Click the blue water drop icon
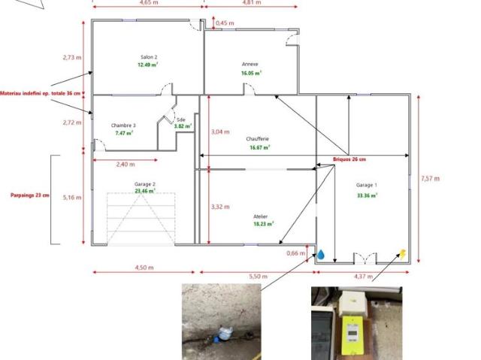point(321,255)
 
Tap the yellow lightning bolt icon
point(403,254)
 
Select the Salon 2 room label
point(149,57)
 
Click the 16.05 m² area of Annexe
point(251,73)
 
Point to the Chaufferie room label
point(257,139)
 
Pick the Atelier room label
point(261,216)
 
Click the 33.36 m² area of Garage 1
point(368,195)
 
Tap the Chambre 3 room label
point(123,126)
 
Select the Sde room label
point(181,119)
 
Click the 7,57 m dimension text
point(430,178)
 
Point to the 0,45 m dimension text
point(225,23)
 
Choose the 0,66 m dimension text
point(295,253)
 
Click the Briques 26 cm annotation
point(349,159)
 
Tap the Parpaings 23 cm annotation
point(30,195)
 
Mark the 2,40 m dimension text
point(126,165)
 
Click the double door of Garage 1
point(365,259)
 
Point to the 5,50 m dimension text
point(258,277)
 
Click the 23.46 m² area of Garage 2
point(145,191)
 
